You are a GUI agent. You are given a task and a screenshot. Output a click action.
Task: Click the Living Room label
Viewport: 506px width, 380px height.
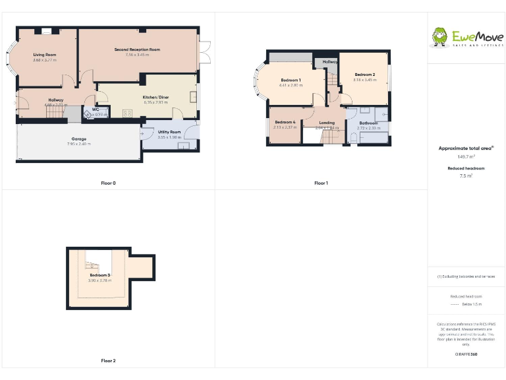pos(45,54)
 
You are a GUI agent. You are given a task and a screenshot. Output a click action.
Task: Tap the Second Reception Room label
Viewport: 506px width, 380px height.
pos(137,49)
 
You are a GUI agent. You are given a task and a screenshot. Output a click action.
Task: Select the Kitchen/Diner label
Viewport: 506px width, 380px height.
pos(156,98)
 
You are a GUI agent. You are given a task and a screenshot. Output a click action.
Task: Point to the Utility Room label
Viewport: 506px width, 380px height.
pos(169,132)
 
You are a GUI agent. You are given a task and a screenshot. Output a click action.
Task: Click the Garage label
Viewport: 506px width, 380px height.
pos(78,139)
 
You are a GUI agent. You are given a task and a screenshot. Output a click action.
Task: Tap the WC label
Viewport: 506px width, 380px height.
pos(96,110)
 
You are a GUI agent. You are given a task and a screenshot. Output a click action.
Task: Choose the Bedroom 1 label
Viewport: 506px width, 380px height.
pos(291,80)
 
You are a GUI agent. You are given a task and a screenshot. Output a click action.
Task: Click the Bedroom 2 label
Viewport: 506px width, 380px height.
pos(364,75)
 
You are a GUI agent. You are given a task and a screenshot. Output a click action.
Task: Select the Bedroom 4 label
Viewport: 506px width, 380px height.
pos(285,122)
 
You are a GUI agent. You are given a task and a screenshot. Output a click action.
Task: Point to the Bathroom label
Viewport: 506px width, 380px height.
pos(369,123)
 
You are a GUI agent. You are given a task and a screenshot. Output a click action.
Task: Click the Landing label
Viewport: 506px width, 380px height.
pos(327,123)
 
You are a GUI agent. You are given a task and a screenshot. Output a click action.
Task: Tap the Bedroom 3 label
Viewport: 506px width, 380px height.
pos(99,275)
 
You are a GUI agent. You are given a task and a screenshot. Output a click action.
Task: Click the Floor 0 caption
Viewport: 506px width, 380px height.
pos(109,183)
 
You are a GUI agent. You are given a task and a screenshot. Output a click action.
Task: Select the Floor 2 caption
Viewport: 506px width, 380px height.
pos(109,361)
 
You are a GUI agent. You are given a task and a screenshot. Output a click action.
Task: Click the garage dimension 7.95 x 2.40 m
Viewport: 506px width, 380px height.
pos(78,144)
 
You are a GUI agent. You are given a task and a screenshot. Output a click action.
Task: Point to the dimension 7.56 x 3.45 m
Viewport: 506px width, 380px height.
pos(137,55)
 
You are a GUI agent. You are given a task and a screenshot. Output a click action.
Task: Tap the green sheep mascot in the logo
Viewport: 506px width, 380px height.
pos(439,37)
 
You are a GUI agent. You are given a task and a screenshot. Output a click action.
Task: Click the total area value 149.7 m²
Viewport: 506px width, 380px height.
pos(466,157)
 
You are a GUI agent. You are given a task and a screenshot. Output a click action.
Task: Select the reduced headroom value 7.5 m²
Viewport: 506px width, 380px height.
pos(466,176)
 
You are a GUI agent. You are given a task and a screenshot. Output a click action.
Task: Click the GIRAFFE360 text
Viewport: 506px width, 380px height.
pos(466,355)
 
